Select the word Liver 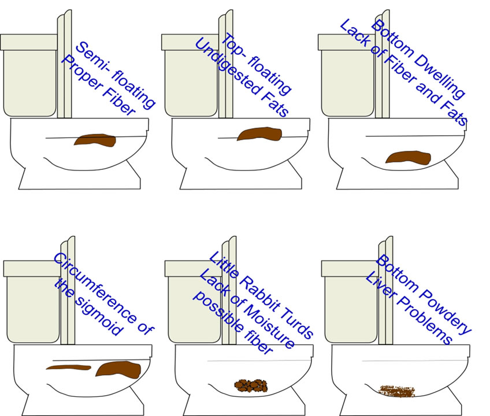pyautogui.click(x=380, y=285)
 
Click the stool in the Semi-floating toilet pyautogui.click(x=95, y=140)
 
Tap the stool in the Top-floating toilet pyautogui.click(x=259, y=134)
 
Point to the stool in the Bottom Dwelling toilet pyautogui.click(x=408, y=158)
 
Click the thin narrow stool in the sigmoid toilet pyautogui.click(x=68, y=367)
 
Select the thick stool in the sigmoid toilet pyautogui.click(x=118, y=369)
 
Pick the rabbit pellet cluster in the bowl pyautogui.click(x=251, y=386)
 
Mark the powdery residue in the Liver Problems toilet pyautogui.click(x=396, y=391)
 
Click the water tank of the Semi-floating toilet pyautogui.click(x=29, y=75)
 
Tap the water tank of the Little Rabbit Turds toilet pyautogui.click(x=194, y=302)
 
